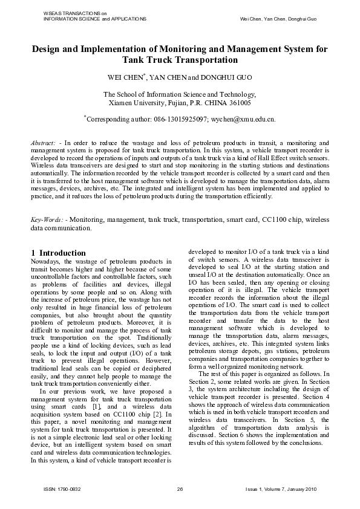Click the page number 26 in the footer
[x=180, y=488]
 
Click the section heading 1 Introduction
[x=58, y=252]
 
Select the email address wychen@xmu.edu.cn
[x=243, y=120]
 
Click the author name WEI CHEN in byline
[x=125, y=78]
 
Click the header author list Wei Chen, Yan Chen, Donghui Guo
[x=278, y=19]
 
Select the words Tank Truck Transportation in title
[x=180, y=60]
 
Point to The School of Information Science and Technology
[x=180, y=94]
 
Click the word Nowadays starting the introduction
[x=46, y=261]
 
